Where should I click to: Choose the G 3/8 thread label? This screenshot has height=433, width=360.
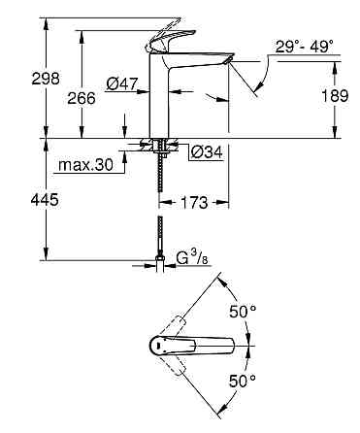coord(190,259)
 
